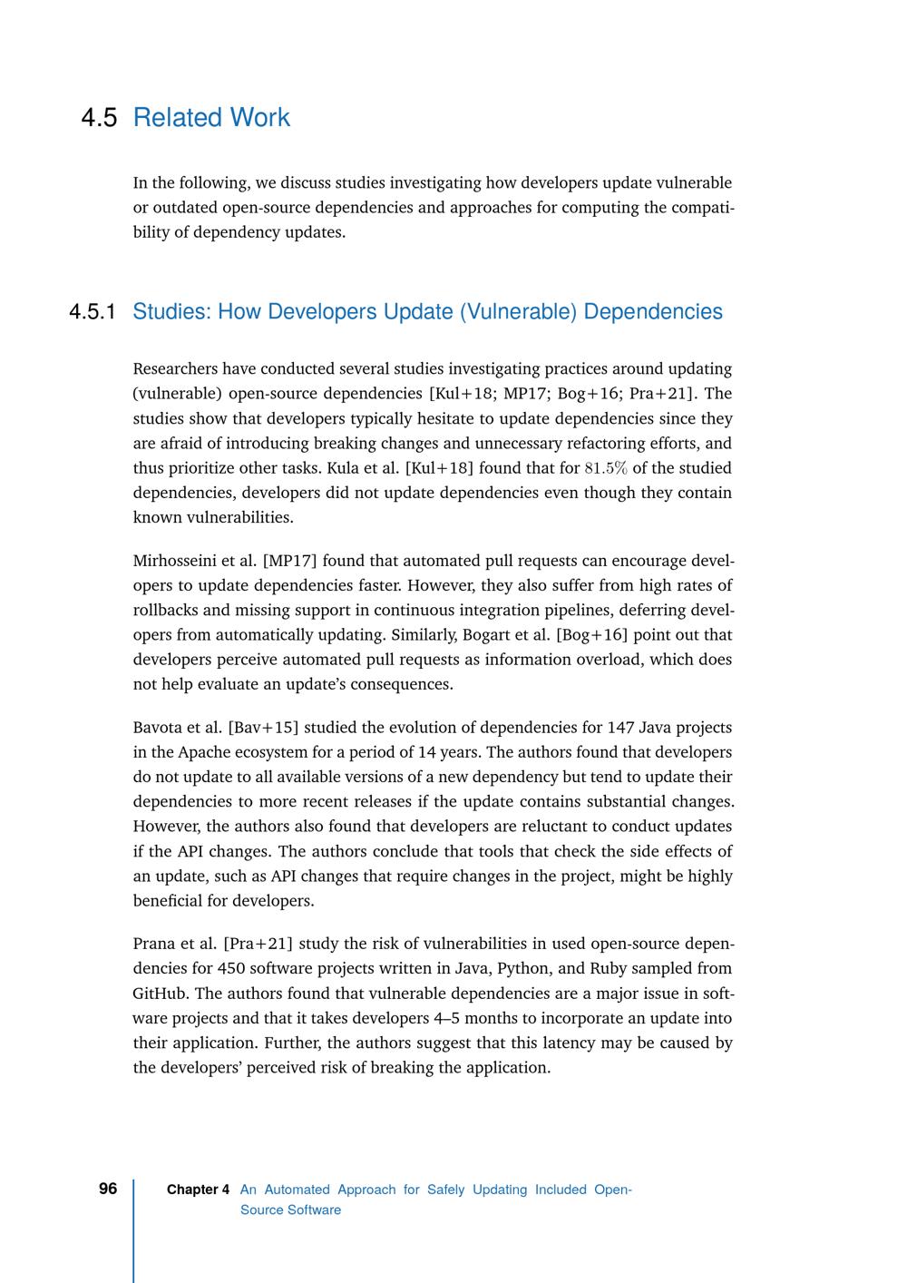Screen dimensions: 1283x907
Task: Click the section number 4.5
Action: pos(99,118)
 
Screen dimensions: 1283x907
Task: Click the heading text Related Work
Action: pos(211,118)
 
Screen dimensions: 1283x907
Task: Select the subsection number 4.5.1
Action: pos(93,312)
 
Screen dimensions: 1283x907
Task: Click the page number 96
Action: pos(108,1189)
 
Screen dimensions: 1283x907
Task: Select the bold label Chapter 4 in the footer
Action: pos(198,1190)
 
